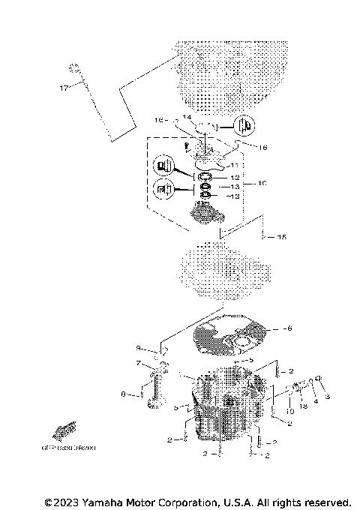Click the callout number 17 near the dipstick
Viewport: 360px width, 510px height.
[x=64, y=88]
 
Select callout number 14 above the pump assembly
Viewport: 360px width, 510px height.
[x=187, y=118]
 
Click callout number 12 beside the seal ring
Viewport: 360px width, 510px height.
[x=235, y=177]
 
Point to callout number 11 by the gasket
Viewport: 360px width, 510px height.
[x=234, y=165]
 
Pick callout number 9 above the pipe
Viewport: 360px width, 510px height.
[x=138, y=349]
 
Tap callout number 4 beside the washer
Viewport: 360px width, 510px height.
[x=315, y=400]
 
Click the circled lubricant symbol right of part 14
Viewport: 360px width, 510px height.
[x=244, y=124]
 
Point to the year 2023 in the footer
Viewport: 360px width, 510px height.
[x=67, y=502]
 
